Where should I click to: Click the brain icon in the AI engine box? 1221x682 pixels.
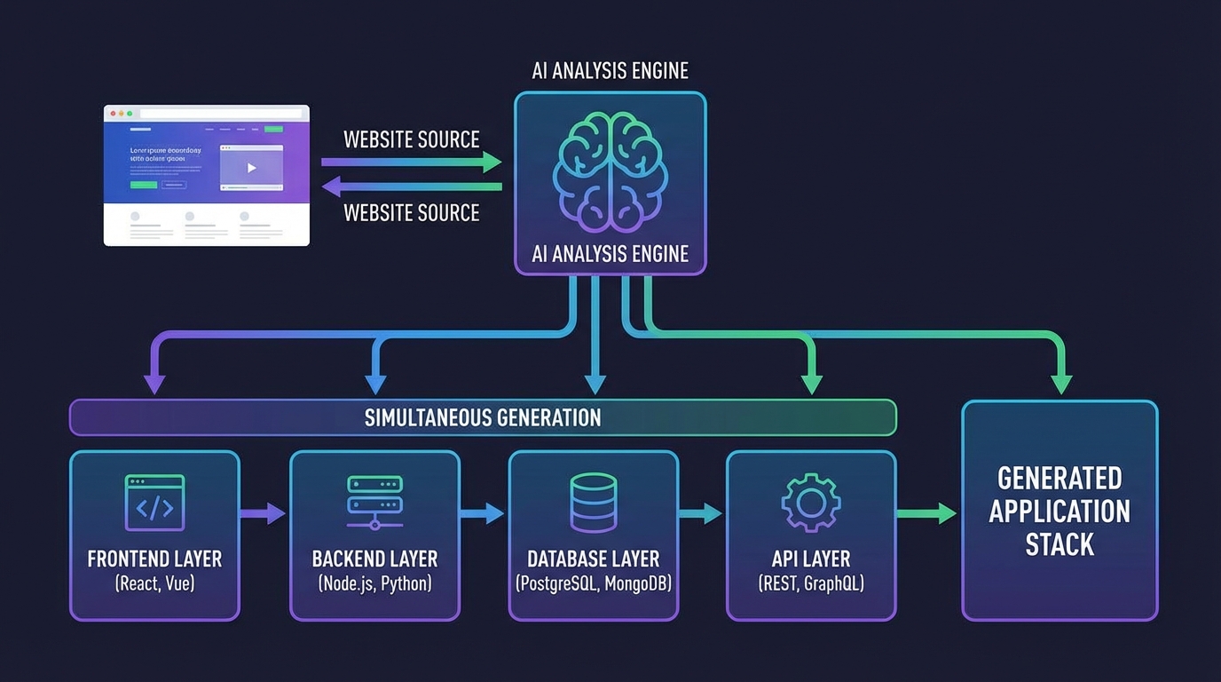610,169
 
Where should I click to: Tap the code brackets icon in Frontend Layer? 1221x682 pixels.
154,504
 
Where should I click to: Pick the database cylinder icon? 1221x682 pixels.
593,503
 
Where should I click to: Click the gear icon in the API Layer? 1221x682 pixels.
810,503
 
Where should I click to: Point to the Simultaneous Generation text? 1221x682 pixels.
483,417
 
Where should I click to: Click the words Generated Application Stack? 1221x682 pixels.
1060,511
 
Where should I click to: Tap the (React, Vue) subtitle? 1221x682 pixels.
154,583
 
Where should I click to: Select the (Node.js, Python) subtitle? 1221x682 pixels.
374,583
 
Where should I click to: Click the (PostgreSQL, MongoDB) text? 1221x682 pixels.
593,583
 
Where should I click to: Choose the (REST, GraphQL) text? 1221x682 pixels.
810,583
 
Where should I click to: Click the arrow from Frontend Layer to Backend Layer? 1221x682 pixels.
264,512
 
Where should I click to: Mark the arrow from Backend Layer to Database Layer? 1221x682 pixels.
483,512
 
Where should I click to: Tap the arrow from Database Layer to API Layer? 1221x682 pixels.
701,512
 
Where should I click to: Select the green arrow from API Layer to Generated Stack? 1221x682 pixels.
927,512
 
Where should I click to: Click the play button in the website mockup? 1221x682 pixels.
251,168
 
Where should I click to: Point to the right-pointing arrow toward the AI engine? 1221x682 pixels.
412,162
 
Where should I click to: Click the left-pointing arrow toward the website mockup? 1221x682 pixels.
412,186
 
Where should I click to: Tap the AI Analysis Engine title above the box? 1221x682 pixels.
610,71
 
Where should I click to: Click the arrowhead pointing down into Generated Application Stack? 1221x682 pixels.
1060,384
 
